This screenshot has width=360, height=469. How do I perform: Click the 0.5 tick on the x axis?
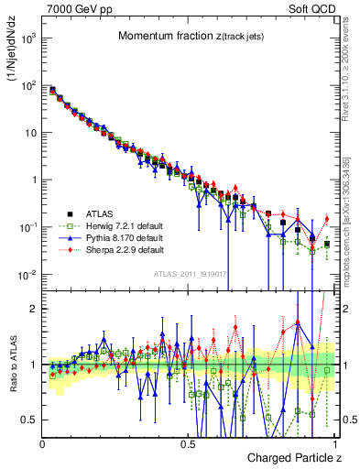pyautogui.click(x=189, y=443)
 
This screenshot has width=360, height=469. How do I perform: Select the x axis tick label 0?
pyautogui.click(x=43, y=443)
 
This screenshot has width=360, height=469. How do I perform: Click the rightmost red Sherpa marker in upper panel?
pyautogui.click(x=326, y=218)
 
